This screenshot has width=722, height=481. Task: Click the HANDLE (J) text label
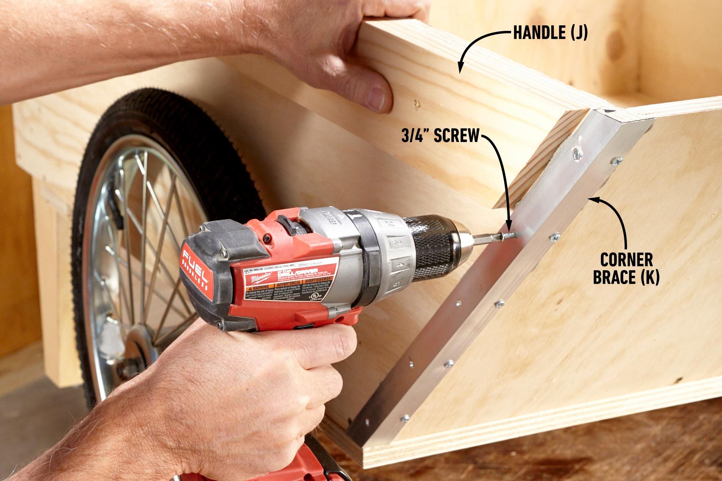point(550,33)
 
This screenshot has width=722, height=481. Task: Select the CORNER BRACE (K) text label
point(626,269)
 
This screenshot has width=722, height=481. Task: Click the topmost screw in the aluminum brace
point(576,153)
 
